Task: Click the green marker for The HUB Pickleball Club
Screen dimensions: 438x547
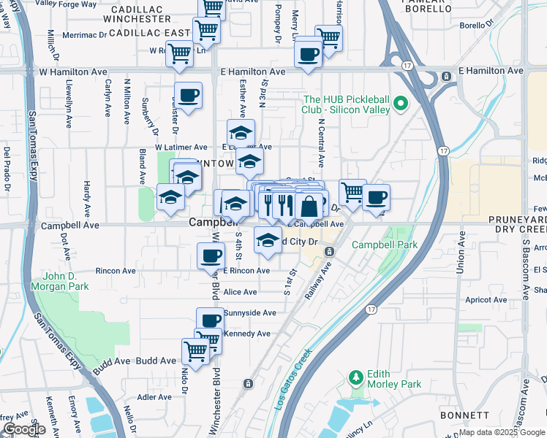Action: (x=400, y=104)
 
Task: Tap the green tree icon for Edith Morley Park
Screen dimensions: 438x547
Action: (x=356, y=377)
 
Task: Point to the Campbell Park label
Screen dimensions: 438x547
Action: (x=385, y=245)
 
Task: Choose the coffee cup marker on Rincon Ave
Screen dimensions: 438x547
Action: (x=211, y=255)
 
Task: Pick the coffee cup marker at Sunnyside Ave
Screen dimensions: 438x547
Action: (x=211, y=320)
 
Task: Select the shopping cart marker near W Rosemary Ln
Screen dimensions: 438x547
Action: (x=179, y=53)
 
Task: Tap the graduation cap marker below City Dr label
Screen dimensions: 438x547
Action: (x=268, y=239)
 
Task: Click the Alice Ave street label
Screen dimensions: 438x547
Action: (x=241, y=292)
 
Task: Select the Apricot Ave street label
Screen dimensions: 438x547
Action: (x=486, y=300)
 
